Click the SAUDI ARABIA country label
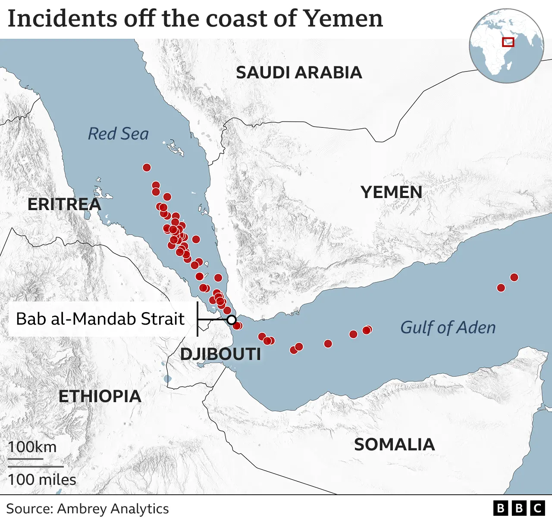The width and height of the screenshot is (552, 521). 299,73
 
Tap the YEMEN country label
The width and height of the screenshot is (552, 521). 392,192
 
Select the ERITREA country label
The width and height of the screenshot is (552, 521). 64,205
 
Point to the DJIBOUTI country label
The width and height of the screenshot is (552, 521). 220,354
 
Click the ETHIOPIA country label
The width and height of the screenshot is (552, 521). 100,397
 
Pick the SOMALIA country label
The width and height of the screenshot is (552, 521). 394,445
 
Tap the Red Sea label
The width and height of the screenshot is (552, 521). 118,134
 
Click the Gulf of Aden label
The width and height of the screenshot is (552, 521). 448,328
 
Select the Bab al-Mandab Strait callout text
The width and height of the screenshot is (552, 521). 100,319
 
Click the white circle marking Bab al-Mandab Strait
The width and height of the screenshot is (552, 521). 232,320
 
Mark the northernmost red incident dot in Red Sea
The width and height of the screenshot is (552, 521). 147,167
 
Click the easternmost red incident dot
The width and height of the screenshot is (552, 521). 514,277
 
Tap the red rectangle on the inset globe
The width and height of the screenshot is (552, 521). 508,42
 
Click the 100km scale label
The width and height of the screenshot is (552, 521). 32,447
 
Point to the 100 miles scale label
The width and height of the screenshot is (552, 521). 42,480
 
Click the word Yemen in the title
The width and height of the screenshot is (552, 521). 343,19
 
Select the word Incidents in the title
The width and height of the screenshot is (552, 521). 62,19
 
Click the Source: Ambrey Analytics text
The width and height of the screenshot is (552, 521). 88,509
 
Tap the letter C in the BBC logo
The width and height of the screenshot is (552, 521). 537,509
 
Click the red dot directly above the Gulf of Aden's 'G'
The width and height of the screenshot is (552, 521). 367,330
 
